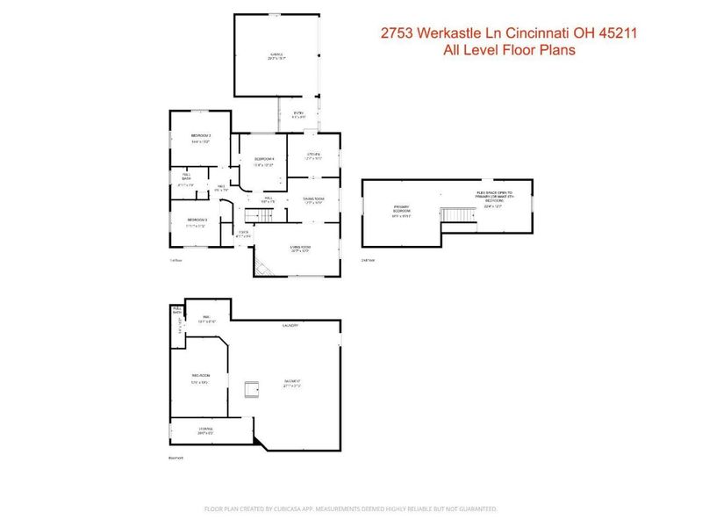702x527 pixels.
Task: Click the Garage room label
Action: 277,56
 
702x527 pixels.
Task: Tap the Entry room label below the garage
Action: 298,114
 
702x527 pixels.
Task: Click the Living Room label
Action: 301,249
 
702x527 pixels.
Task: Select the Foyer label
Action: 244,234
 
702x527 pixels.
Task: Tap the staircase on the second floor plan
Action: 453,215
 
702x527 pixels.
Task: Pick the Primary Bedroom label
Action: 402,210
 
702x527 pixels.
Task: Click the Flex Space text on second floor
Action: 494,195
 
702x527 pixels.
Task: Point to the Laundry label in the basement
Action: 290,326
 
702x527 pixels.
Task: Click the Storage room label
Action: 204,430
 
